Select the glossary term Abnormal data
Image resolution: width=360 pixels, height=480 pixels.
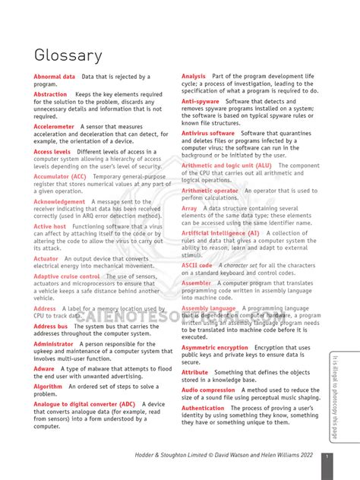(55, 77)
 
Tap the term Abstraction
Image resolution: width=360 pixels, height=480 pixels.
(50, 94)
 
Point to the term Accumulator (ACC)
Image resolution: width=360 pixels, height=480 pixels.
(60, 176)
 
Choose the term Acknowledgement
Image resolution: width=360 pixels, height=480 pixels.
(59, 201)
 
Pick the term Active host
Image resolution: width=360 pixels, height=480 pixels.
(50, 226)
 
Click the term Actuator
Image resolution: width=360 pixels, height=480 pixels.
(46, 258)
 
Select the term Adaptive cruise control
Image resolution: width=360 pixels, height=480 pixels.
(67, 276)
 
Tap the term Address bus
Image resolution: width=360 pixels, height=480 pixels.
(51, 326)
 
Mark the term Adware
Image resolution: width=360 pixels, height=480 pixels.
(44, 368)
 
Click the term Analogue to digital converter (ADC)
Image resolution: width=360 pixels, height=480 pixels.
(84, 404)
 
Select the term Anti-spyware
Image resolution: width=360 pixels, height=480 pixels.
(201, 101)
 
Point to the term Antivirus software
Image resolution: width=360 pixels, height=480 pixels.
(208, 133)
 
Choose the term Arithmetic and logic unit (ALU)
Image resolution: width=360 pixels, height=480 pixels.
(226, 165)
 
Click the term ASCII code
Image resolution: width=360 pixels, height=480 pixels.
(197, 265)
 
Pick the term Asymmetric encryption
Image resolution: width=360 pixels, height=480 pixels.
(215, 347)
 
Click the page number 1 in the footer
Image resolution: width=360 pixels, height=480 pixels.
(326, 456)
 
